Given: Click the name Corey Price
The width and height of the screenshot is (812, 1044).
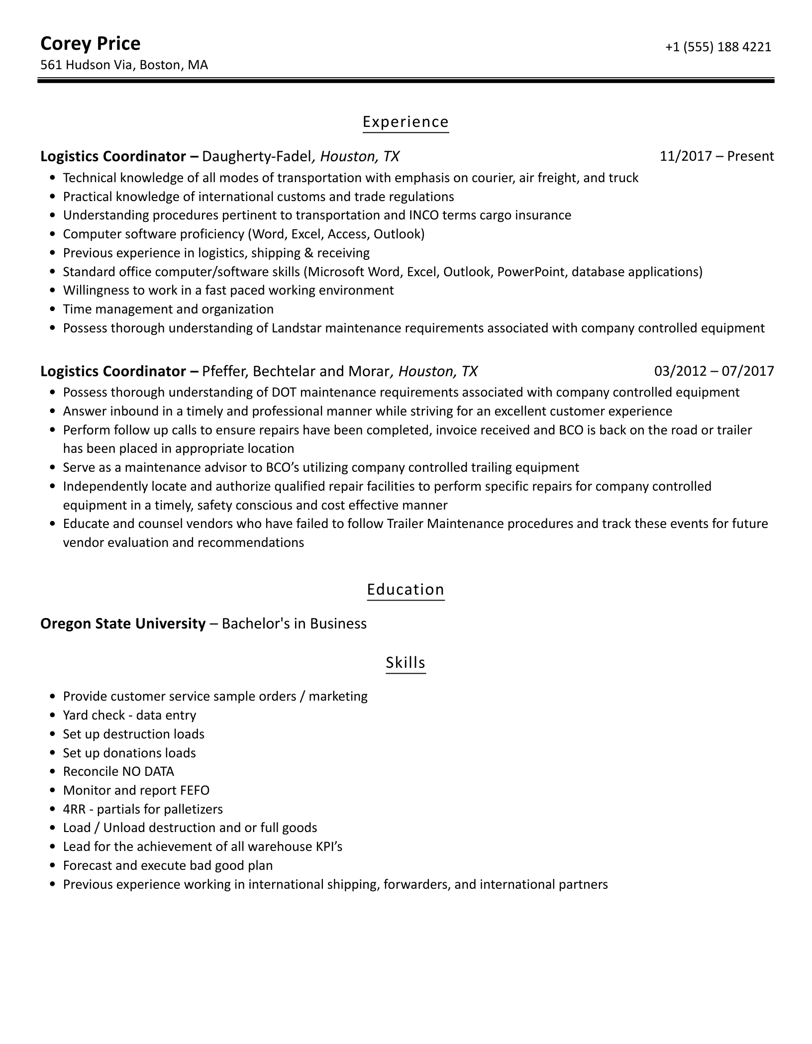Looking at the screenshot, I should click(90, 44).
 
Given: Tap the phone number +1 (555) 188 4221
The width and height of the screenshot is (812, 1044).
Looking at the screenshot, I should click(718, 47).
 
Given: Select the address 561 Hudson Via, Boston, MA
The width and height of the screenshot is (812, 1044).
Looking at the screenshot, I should click(124, 65).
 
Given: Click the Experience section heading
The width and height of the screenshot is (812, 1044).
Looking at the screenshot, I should click(406, 122).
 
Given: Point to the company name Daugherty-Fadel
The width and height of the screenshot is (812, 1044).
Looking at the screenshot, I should click(257, 156).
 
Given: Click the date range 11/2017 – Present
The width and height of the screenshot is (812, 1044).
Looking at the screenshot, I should click(716, 156).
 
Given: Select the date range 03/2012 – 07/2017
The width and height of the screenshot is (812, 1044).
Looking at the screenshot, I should click(714, 371).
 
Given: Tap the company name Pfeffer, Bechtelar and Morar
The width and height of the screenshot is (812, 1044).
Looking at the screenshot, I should click(296, 371).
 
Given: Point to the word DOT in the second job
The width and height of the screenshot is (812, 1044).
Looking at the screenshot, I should click(284, 392).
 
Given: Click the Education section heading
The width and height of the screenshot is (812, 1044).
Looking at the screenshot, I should click(406, 589).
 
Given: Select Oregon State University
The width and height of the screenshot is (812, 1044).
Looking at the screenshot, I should click(123, 624).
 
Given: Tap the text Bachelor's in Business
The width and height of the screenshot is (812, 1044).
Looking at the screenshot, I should click(294, 624).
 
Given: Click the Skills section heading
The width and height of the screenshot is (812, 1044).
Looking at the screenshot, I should click(406, 662).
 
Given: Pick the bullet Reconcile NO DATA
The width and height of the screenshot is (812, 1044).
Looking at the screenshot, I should click(118, 771).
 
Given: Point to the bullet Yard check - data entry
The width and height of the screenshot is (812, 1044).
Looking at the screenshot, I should click(129, 715).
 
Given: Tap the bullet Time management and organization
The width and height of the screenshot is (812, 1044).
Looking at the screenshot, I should click(168, 309).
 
